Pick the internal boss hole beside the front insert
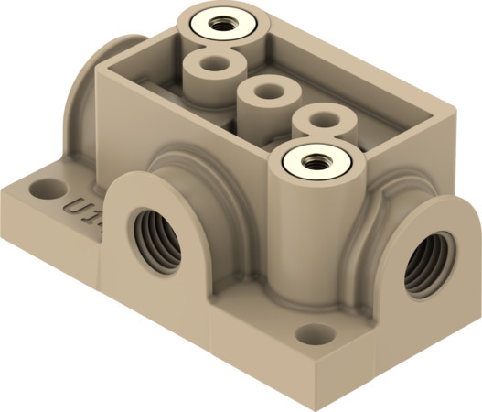321,119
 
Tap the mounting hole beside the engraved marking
42,190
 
